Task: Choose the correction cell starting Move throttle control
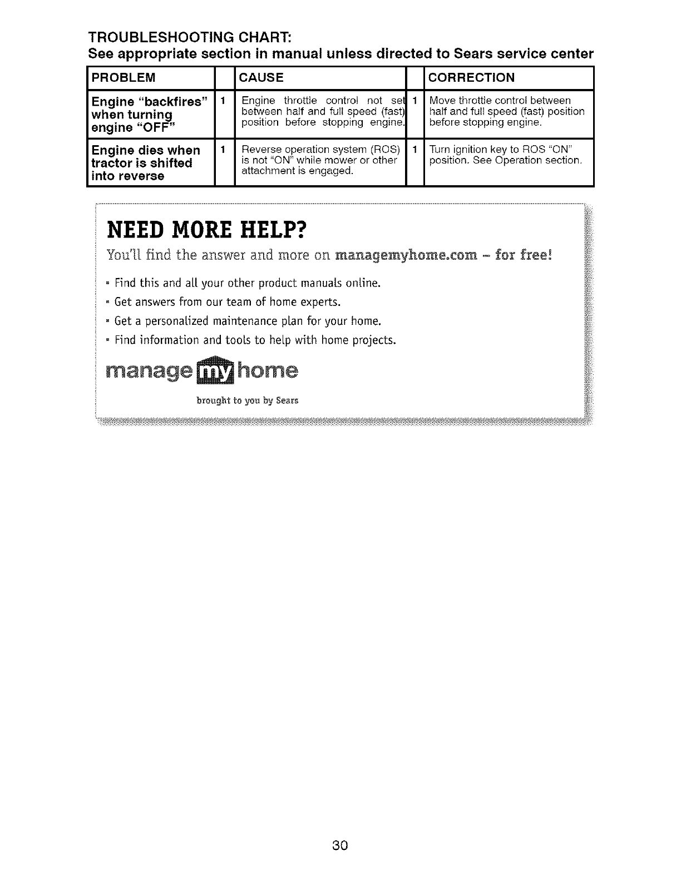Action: pos(507,111)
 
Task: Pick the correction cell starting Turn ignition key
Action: pos(506,155)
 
